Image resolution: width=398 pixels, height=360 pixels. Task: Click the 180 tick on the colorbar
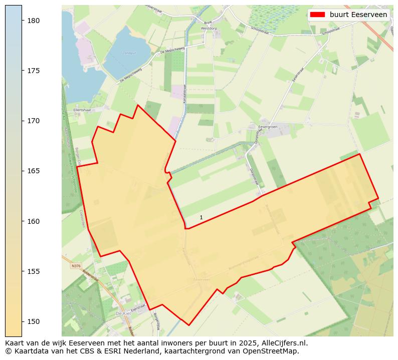click(x=22, y=21)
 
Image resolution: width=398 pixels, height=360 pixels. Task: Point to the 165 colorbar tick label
click(x=33, y=171)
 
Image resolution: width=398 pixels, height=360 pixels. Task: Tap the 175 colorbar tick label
click(x=33, y=71)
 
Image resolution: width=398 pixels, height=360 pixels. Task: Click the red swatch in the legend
click(x=318, y=15)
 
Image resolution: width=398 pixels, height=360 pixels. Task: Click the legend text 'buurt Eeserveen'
click(x=358, y=15)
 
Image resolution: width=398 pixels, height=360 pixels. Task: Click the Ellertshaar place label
click(x=81, y=109)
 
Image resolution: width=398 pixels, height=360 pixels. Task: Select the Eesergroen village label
click(x=269, y=127)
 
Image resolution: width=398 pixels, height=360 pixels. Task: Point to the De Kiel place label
click(x=123, y=313)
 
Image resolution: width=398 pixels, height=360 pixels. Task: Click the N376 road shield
click(x=76, y=266)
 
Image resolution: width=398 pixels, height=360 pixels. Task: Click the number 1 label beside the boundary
click(x=201, y=217)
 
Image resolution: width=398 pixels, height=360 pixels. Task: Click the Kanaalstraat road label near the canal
click(x=184, y=93)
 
